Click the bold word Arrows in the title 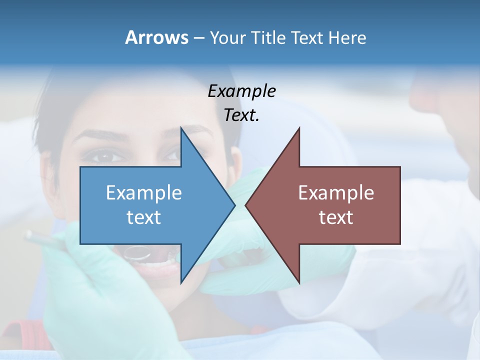click(156, 37)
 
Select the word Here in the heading click(347, 37)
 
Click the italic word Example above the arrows click(241, 91)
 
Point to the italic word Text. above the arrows click(241, 115)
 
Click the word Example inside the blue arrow click(144, 192)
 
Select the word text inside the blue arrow click(144, 217)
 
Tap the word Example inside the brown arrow click(336, 192)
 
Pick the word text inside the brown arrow click(336, 217)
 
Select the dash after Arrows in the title click(198, 37)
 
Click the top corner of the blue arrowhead click(181, 129)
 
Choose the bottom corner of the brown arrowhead click(299, 281)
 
